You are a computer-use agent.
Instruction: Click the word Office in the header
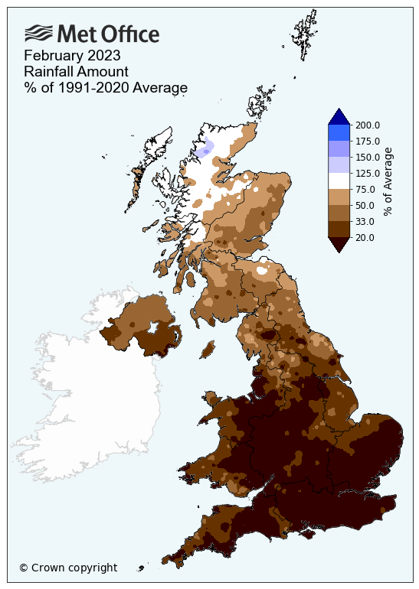pos(129,34)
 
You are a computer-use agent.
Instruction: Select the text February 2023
pos(72,56)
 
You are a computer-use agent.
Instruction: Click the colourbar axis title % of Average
pos(388,181)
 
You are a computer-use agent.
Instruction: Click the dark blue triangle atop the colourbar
pos(339,116)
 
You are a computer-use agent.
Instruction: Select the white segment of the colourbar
pos(339,181)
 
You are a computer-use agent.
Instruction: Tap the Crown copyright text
pos(68,568)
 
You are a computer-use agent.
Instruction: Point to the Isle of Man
pos(207,349)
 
